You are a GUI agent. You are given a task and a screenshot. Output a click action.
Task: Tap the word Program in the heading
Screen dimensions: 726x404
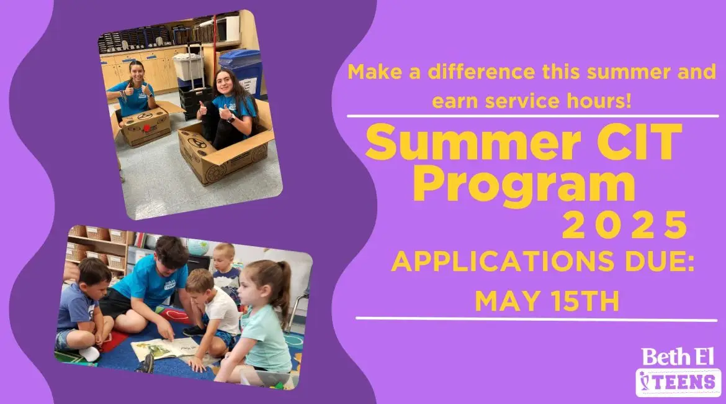(524, 185)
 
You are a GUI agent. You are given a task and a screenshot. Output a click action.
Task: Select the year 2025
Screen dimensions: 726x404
(624, 226)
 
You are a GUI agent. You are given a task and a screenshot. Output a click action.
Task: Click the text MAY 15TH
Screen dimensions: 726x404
(547, 301)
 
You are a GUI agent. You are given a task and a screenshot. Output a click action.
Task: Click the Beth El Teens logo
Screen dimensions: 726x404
(678, 372)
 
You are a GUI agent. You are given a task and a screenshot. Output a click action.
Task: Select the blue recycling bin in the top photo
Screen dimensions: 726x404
(241, 70)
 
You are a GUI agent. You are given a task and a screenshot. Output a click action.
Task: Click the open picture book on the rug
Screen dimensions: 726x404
(165, 348)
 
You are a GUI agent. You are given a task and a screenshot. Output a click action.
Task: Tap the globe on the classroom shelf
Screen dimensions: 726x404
(198, 247)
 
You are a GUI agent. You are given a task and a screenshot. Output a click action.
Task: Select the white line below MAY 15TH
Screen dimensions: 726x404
(536, 319)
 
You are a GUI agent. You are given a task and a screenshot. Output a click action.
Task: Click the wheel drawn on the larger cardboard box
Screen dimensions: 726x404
(216, 173)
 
